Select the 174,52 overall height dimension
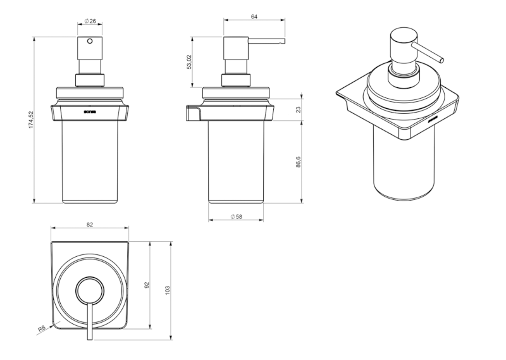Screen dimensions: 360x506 (30, 120)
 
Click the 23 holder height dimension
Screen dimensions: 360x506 (298, 109)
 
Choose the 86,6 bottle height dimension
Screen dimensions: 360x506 (298, 162)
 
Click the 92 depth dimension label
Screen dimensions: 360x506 (147, 285)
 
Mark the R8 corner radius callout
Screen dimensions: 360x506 (42, 329)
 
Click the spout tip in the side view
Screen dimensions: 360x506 (283, 42)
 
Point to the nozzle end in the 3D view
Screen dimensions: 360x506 (441, 61)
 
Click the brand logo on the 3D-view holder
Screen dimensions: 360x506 (433, 118)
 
